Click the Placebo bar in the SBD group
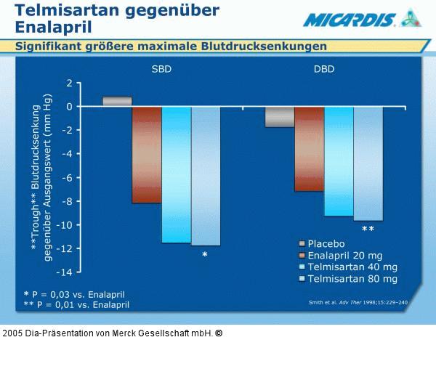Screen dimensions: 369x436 (117, 102)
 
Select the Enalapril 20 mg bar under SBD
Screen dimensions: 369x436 (147, 155)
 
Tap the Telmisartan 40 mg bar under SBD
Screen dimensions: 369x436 (176, 174)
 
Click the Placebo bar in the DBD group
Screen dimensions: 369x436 (280, 117)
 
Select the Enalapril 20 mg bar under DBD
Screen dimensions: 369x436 (309, 149)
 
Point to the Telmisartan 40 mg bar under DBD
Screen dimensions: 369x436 (339, 161)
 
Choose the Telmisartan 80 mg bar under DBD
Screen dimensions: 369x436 (368, 163)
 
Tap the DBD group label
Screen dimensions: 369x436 (324, 70)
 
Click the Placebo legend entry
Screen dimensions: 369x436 (326, 244)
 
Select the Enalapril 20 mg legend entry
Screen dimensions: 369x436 (344, 256)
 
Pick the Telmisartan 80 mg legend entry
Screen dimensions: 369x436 (352, 279)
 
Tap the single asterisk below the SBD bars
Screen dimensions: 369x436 (205, 255)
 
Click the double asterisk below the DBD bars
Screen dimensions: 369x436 (368, 230)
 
